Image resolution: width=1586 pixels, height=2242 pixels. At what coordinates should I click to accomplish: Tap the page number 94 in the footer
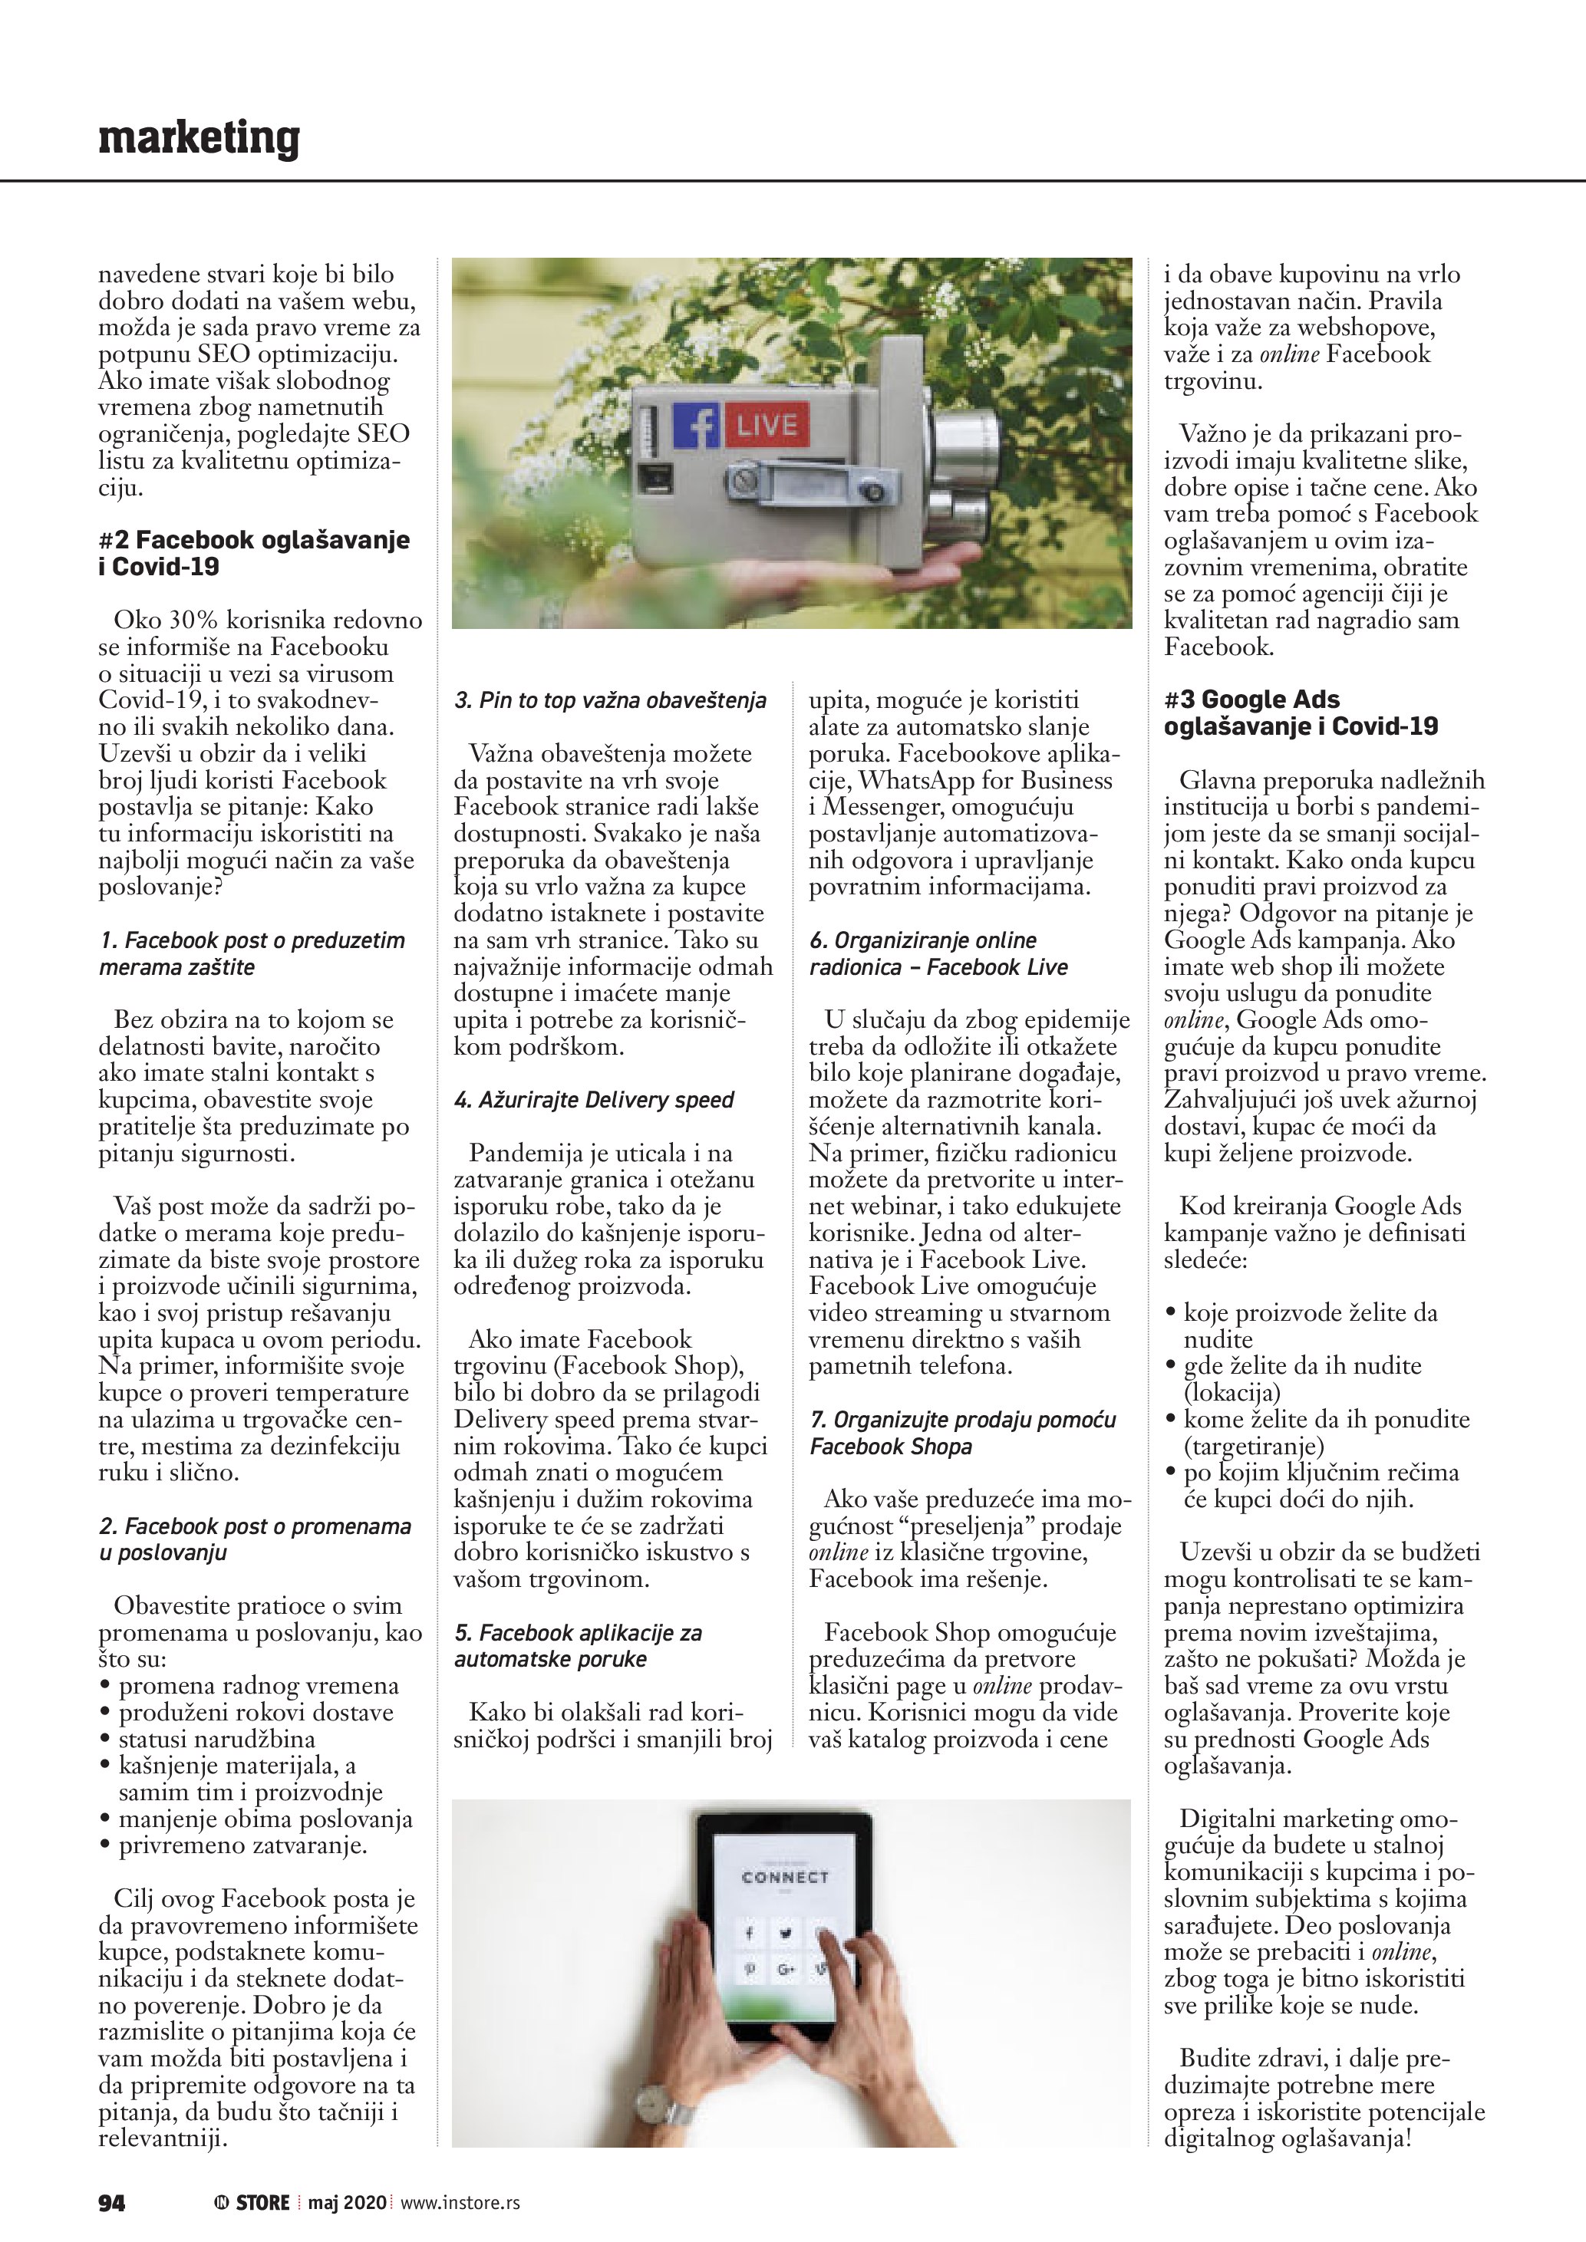click(x=111, y=2202)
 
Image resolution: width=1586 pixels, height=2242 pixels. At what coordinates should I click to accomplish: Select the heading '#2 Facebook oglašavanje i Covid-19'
click(x=254, y=553)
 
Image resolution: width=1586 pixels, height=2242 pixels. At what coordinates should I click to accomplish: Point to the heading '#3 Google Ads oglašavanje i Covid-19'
click(x=1301, y=712)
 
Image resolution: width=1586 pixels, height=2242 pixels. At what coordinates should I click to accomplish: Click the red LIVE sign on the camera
click(x=766, y=425)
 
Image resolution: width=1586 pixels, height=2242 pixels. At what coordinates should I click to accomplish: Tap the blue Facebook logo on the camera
click(x=696, y=425)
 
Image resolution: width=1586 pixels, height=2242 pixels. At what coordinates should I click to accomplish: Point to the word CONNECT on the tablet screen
click(x=784, y=1877)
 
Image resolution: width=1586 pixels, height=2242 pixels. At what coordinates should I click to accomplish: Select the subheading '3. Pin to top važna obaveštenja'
click(x=610, y=700)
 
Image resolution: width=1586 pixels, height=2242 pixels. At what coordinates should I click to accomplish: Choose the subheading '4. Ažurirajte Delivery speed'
click(x=594, y=1099)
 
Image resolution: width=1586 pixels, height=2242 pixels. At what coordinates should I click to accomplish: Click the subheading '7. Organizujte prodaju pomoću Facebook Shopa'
click(x=962, y=1433)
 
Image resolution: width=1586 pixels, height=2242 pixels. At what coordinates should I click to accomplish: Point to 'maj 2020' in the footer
click(x=347, y=2202)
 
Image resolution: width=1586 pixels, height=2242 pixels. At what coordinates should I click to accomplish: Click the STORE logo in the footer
click(x=253, y=2202)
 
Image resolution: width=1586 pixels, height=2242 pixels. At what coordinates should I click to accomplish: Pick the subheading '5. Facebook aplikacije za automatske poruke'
click(x=577, y=1645)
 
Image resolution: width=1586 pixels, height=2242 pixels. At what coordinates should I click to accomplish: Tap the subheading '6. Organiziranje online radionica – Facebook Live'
click(x=938, y=953)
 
